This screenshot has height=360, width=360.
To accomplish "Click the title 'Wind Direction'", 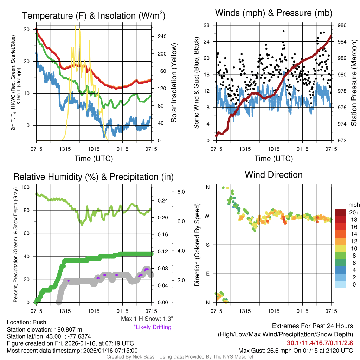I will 274,174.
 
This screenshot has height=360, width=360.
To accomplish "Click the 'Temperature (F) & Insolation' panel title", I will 94,16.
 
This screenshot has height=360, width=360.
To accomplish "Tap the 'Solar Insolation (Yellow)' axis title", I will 174,83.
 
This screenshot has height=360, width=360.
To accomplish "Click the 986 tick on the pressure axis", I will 342,25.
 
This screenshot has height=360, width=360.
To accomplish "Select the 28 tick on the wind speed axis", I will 207,25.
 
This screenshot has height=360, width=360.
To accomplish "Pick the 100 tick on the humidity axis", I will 27,187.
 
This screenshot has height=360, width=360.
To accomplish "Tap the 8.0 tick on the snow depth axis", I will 181,192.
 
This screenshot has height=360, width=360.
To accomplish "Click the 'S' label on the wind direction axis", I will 207,245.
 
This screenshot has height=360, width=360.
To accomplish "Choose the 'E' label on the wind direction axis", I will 207,274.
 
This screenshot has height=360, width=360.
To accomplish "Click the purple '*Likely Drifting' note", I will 152,327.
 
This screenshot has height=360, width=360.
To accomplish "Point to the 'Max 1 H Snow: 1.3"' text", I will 147,319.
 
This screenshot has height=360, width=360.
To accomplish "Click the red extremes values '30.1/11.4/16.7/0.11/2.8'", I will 320,343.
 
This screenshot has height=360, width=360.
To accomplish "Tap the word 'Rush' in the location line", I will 39,322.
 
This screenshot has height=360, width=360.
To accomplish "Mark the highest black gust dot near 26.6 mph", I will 283,31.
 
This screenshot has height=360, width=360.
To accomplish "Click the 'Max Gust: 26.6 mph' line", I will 295,350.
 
